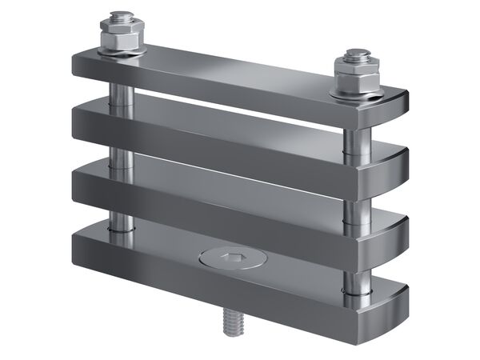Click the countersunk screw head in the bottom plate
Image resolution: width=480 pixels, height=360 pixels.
(x=226, y=258)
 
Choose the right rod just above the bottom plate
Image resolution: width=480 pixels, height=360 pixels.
(x=352, y=275)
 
